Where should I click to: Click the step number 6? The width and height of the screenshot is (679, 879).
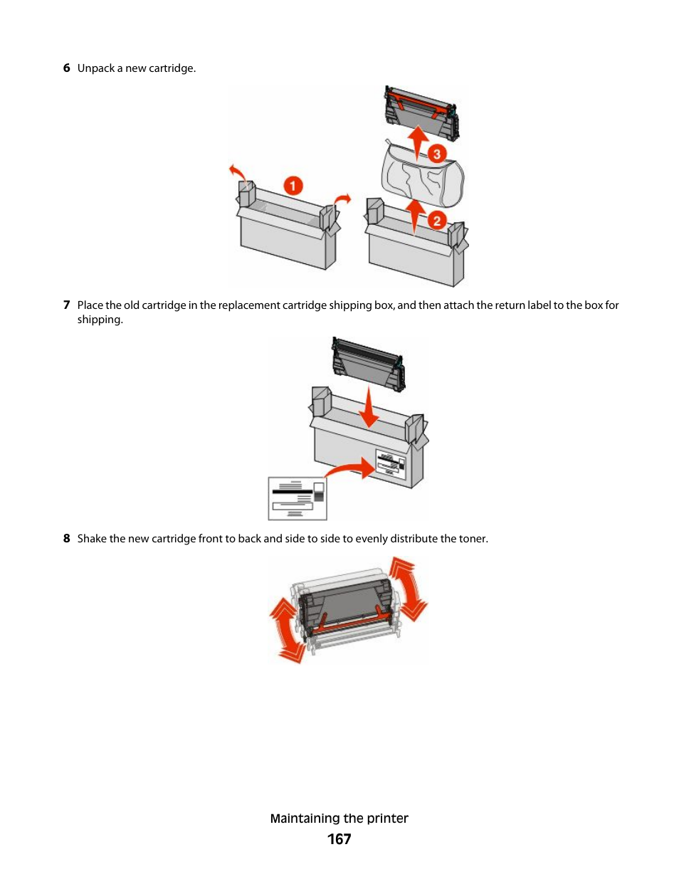click(x=66, y=68)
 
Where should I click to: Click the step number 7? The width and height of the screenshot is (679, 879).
click(x=66, y=305)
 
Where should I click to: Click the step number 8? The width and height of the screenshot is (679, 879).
click(x=66, y=539)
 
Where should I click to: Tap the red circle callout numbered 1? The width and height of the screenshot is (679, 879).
click(x=293, y=186)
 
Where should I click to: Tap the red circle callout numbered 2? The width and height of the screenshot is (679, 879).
click(x=437, y=221)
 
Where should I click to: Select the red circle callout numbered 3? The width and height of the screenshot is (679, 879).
click(x=436, y=154)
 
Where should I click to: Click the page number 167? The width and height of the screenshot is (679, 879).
click(x=339, y=839)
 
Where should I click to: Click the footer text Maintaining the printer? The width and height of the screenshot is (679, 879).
click(x=339, y=819)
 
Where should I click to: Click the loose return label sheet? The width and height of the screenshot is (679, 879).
click(x=298, y=498)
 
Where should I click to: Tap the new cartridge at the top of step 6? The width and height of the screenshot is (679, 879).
click(x=421, y=112)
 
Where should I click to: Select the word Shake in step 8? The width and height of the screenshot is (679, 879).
click(x=91, y=539)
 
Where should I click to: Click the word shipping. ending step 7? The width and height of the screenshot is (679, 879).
click(x=100, y=320)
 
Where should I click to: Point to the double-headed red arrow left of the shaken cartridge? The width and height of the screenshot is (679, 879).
click(x=286, y=631)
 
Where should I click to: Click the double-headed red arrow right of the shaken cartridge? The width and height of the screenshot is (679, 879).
click(x=409, y=589)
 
